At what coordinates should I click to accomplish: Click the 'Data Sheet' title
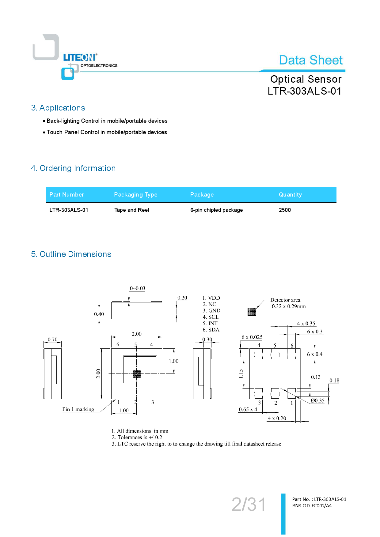[310, 60]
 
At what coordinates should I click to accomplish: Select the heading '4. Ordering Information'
[73, 168]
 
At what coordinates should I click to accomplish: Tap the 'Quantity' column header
[290, 195]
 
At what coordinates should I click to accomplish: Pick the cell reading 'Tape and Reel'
[131, 210]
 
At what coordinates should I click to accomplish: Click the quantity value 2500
[285, 210]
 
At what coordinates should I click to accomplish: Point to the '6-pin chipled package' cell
[216, 210]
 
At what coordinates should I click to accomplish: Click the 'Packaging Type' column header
[135, 195]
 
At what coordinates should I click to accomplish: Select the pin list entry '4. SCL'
[211, 317]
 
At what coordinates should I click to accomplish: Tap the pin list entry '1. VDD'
[211, 298]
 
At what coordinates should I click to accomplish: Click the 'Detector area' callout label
[285, 300]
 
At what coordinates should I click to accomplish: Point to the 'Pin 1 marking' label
[78, 409]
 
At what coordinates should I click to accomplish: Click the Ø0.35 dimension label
[317, 400]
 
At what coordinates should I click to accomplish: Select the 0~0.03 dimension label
[138, 288]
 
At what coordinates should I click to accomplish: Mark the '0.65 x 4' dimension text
[248, 409]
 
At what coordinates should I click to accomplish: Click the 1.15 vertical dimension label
[241, 374]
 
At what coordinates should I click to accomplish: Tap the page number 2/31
[249, 504]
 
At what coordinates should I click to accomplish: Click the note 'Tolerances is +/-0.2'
[137, 437]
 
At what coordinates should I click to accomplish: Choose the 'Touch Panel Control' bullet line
[106, 132]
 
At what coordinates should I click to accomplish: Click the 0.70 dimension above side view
[52, 340]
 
